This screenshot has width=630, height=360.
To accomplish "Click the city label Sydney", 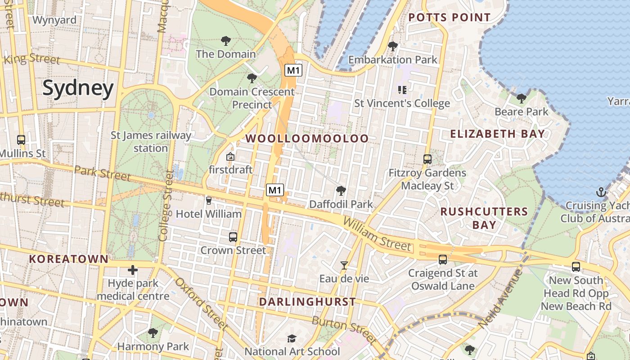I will point(78,89).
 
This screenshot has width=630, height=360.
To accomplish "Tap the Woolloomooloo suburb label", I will point(307,139).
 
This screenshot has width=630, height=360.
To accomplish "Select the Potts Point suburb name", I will point(449,18).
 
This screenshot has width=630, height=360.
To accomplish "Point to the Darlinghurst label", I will point(307,302).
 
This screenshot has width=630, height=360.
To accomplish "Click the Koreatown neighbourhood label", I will point(68,259).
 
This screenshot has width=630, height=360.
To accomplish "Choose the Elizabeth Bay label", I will point(497,134).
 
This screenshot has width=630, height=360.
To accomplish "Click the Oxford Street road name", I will point(201,303).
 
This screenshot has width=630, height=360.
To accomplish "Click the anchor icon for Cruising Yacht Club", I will point(601,193).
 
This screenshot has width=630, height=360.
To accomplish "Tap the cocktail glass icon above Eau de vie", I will point(344,265).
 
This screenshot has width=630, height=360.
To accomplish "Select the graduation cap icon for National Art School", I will point(292,338).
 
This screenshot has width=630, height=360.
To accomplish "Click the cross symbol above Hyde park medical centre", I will point(132,270).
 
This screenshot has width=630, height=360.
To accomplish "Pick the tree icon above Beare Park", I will point(522,98).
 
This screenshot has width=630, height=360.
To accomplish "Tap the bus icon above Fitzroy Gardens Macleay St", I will point(427,159).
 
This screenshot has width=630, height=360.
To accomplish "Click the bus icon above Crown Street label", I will point(233,237).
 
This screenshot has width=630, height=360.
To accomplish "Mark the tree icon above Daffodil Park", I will point(341,191).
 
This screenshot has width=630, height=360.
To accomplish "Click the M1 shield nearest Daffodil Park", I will point(275,190).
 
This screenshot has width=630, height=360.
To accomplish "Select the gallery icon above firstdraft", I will point(230,157).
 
